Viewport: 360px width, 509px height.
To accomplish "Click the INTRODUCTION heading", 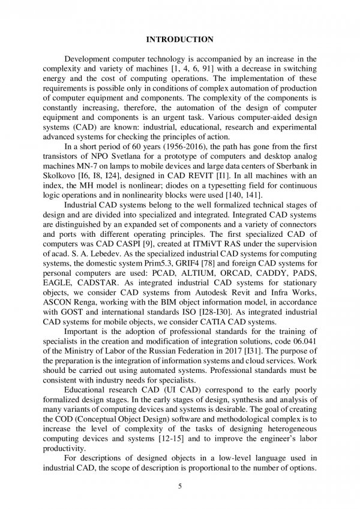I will (x=180, y=40).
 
